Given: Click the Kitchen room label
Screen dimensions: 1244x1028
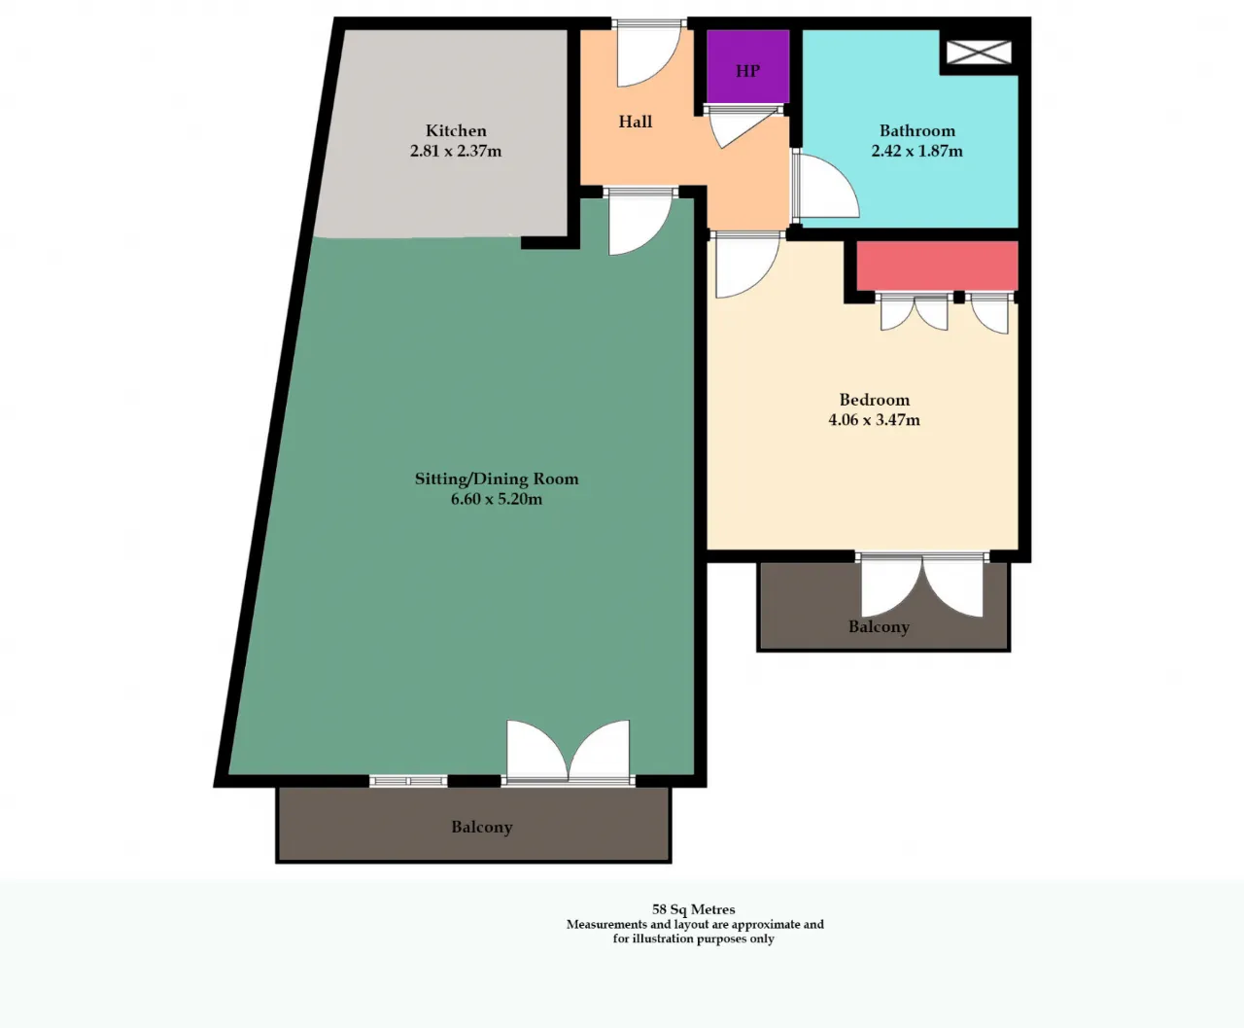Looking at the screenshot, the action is (x=456, y=130).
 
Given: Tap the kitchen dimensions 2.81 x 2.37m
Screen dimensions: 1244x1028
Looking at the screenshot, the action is (x=456, y=151).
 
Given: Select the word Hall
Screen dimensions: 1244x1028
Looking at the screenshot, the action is (x=635, y=122).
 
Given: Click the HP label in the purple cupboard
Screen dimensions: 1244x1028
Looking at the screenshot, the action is (x=747, y=71).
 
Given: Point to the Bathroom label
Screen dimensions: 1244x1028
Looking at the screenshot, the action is (x=916, y=130).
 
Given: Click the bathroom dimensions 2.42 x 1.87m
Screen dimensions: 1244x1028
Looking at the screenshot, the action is (x=916, y=151).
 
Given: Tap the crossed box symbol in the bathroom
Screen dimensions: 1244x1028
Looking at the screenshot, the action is (x=979, y=52).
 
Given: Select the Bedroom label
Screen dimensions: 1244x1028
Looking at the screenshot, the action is (x=874, y=400).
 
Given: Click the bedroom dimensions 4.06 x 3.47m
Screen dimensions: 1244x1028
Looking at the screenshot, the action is (x=874, y=420).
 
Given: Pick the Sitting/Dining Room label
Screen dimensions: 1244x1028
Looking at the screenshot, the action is (x=497, y=479).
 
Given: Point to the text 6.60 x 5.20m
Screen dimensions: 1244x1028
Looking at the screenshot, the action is (x=497, y=499).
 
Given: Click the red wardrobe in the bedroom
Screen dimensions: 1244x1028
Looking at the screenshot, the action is (x=937, y=266).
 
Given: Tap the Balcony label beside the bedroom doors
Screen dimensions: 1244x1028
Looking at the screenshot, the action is (x=879, y=626).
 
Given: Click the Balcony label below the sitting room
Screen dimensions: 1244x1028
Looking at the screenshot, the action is (x=481, y=827).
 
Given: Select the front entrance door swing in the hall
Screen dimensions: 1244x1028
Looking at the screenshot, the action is (x=647, y=56).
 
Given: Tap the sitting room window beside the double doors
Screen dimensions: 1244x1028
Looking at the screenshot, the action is (x=408, y=781).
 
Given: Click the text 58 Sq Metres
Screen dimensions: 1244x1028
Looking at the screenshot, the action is (x=694, y=909).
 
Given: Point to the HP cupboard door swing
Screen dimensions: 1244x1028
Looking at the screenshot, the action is (x=744, y=127).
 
